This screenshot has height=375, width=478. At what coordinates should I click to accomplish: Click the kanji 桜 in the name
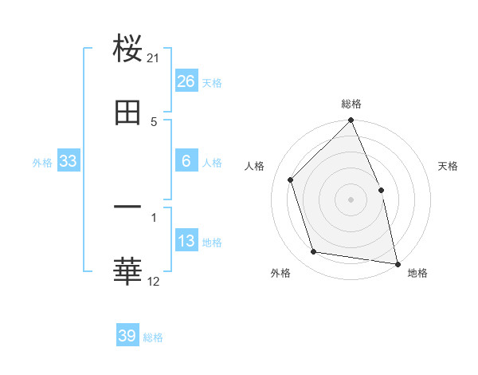pyautogui.click(x=127, y=49)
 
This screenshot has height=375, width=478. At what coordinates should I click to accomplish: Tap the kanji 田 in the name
pyautogui.click(x=127, y=113)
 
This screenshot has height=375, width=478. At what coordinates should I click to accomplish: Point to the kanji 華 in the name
pyautogui.click(x=127, y=271)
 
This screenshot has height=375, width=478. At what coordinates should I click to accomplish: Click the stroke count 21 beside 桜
pyautogui.click(x=154, y=58)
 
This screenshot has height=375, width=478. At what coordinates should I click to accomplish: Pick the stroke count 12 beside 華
pyautogui.click(x=154, y=281)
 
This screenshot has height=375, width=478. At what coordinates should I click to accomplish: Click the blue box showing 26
pyautogui.click(x=186, y=81)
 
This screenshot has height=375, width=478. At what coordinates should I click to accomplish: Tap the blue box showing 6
pyautogui.click(x=186, y=161)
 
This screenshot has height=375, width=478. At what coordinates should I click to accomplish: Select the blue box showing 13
pyautogui.click(x=186, y=241)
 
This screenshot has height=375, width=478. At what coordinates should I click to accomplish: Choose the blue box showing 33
pyautogui.click(x=69, y=161)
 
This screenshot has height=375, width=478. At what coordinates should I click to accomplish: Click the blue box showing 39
pyautogui.click(x=127, y=336)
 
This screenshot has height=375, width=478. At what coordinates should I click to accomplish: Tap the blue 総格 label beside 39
pyautogui.click(x=153, y=337)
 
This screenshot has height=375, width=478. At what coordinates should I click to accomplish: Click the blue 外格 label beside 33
pyautogui.click(x=42, y=163)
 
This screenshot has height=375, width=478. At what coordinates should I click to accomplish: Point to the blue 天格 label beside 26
pyautogui.click(x=212, y=83)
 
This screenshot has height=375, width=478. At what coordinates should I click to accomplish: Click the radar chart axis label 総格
pyautogui.click(x=351, y=104)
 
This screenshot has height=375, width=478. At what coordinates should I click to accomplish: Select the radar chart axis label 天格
pyautogui.click(x=449, y=166)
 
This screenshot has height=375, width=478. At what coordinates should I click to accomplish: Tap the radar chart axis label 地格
pyautogui.click(x=417, y=273)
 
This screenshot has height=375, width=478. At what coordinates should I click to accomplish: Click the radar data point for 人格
pyautogui.click(x=291, y=180)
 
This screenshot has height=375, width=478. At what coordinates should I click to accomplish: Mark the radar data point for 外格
pyautogui.click(x=314, y=252)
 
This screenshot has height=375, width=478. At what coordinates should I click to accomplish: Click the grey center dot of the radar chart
pyautogui.click(x=351, y=199)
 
